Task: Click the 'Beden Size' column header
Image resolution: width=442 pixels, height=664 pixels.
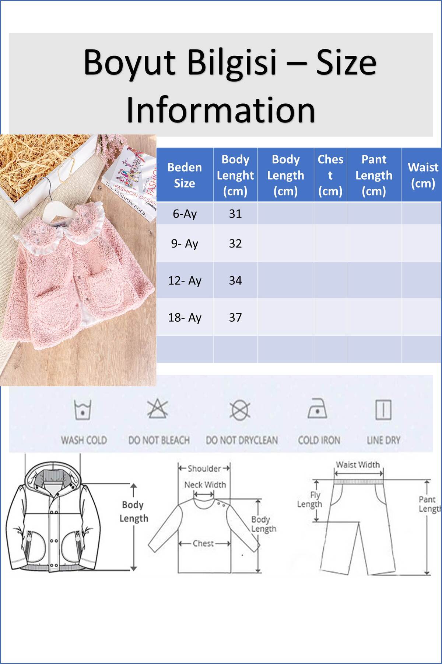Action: click(x=185, y=175)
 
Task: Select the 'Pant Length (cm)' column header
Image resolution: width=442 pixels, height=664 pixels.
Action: click(x=374, y=175)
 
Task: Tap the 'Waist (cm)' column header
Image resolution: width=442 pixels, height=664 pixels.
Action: click(x=423, y=175)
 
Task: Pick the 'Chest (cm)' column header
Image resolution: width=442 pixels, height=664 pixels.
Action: click(x=330, y=175)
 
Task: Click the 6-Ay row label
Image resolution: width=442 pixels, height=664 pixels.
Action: click(x=185, y=214)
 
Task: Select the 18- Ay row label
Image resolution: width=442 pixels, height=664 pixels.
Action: click(x=185, y=317)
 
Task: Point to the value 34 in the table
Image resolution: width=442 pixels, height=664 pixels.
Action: click(x=235, y=280)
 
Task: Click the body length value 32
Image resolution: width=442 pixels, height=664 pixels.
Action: click(x=235, y=243)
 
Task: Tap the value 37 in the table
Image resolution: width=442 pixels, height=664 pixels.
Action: click(x=235, y=317)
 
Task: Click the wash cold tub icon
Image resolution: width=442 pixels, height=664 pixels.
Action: click(x=83, y=409)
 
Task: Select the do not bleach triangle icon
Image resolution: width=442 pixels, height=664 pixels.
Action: click(x=158, y=408)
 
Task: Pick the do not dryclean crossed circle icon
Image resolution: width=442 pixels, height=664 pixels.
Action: click(x=240, y=409)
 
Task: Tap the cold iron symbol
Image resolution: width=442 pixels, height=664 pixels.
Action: click(x=317, y=408)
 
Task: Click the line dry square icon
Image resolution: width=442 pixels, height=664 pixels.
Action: click(x=383, y=409)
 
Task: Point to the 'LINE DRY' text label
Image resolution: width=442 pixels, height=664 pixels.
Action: click(x=383, y=440)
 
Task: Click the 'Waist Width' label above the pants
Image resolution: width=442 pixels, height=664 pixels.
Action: click(x=358, y=465)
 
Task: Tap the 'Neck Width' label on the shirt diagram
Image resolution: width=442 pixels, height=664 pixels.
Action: click(x=205, y=485)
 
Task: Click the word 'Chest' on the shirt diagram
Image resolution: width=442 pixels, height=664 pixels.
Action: click(x=203, y=543)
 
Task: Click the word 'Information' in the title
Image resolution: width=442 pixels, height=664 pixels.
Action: click(x=221, y=110)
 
